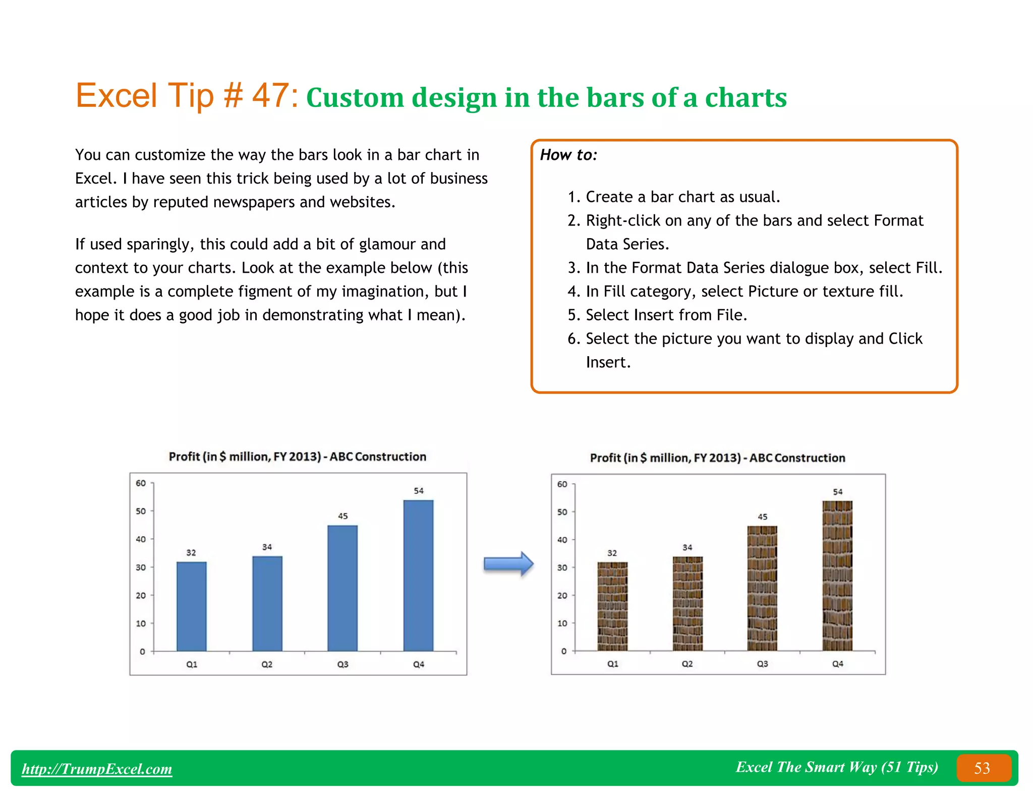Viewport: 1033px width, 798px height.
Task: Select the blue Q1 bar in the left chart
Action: tap(191, 606)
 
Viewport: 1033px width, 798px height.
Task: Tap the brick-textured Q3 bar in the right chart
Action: tap(762, 588)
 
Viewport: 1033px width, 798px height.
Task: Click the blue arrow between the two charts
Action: tap(508, 563)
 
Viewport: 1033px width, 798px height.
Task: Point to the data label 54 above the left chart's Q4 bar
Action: tap(419, 491)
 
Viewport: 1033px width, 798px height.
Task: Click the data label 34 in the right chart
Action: tap(687, 547)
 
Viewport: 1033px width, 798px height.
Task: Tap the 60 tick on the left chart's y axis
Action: tap(141, 483)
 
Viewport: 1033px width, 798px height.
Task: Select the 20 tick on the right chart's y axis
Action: tap(562, 596)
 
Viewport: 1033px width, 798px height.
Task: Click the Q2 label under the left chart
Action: tap(267, 664)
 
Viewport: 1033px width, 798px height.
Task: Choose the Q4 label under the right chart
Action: tap(837, 664)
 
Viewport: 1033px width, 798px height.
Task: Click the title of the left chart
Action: tap(297, 457)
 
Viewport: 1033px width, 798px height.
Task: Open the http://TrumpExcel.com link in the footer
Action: tap(97, 769)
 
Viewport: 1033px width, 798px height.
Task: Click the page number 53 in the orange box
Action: tap(982, 768)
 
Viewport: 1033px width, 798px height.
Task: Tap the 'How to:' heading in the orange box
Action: tap(568, 155)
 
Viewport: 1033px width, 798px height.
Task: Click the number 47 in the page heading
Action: tap(270, 95)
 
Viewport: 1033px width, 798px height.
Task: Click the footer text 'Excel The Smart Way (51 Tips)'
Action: tap(836, 767)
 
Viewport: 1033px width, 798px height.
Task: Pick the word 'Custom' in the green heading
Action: tap(355, 98)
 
